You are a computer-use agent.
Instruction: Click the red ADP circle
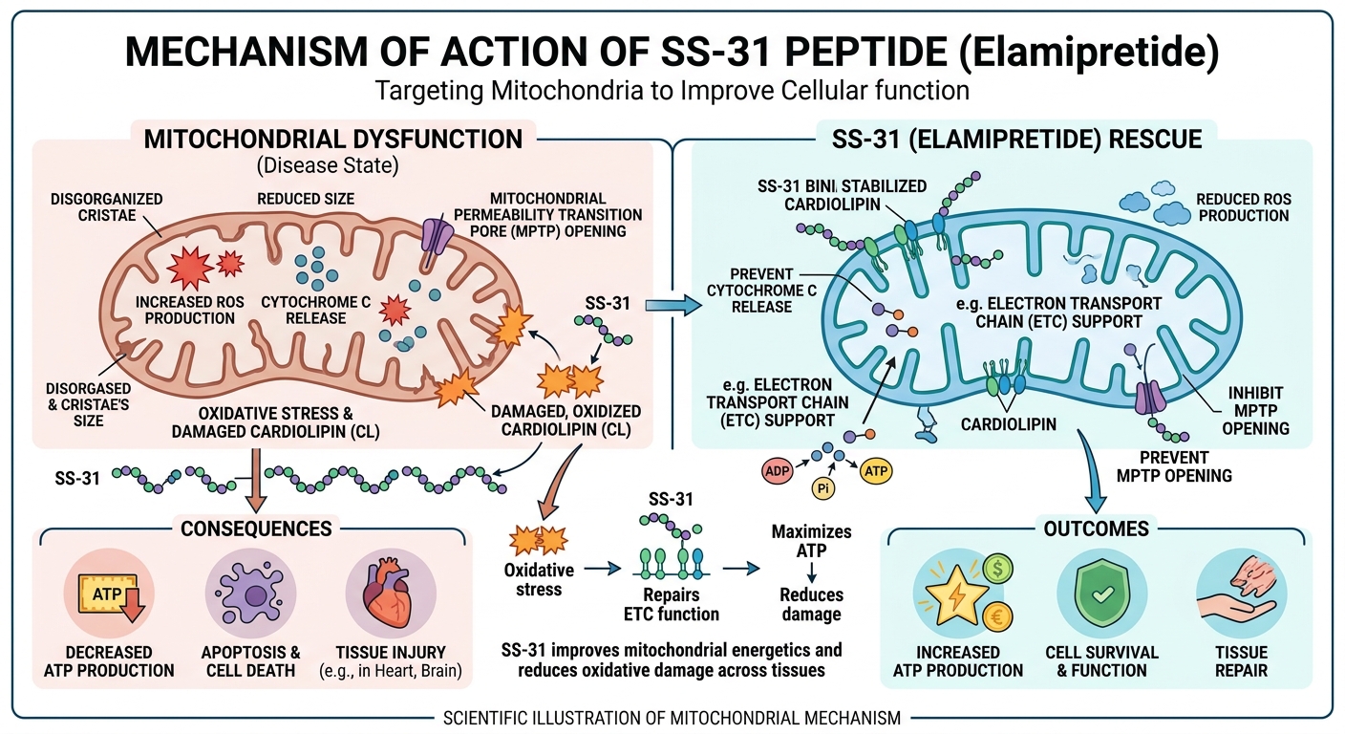point(776,471)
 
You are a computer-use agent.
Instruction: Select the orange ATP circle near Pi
point(874,471)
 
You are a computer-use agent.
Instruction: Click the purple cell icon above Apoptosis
point(250,595)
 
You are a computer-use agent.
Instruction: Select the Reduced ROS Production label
point(1243,207)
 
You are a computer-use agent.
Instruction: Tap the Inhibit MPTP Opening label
point(1257,409)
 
